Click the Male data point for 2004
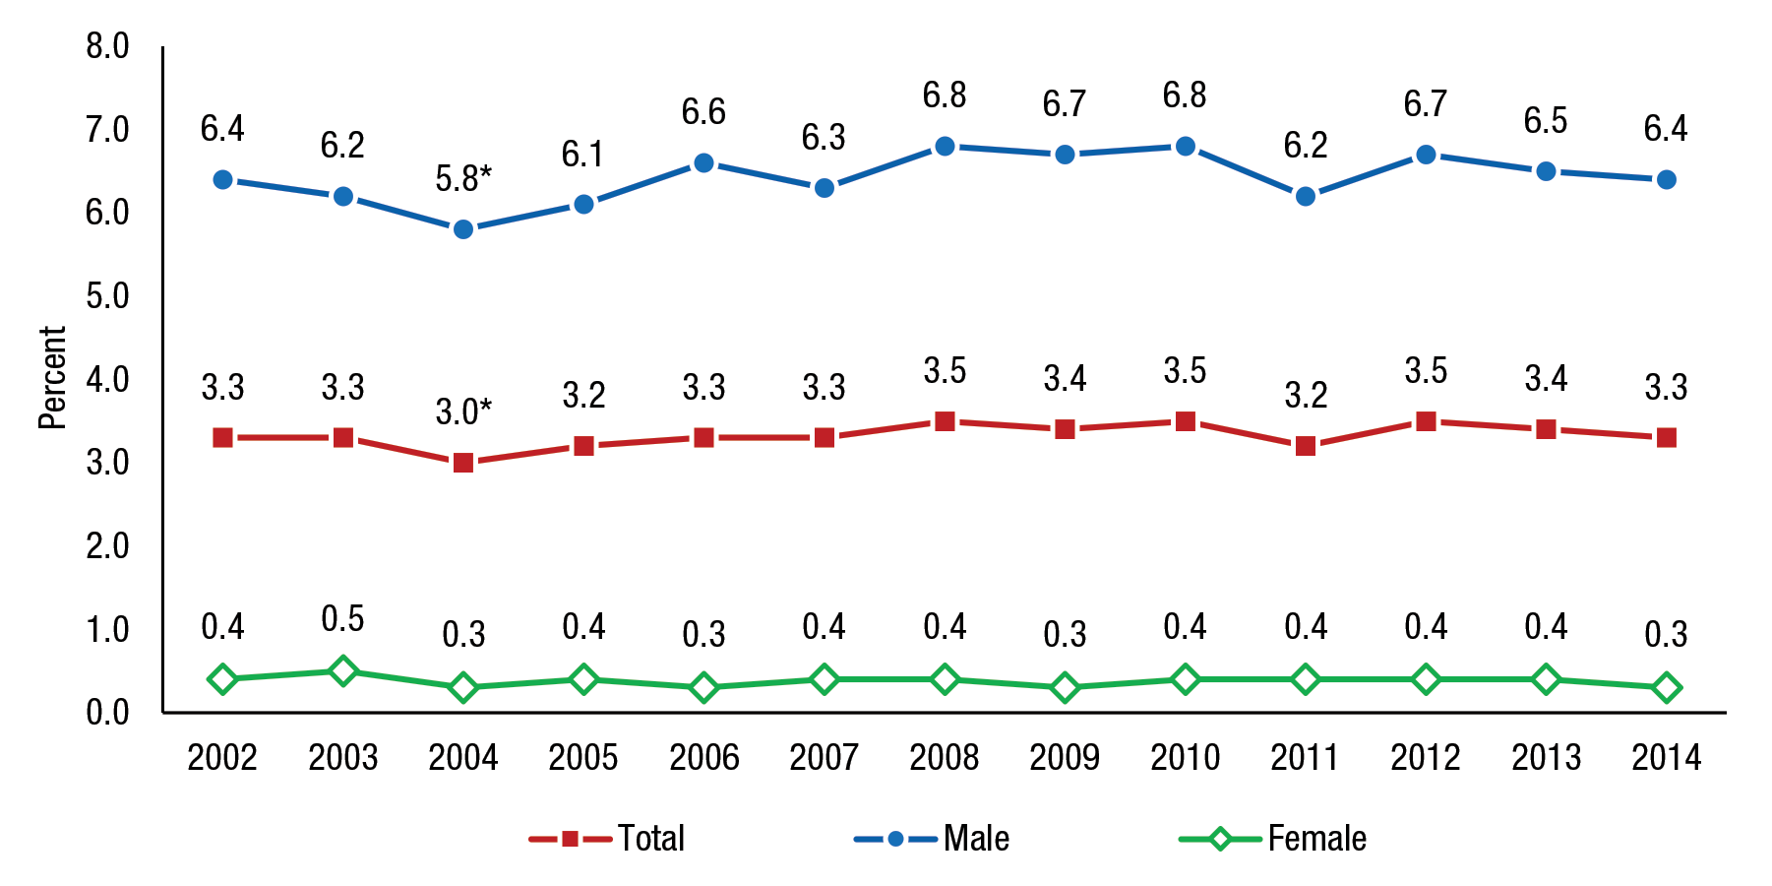(463, 229)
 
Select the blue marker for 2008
(945, 147)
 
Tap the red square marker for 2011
(1306, 446)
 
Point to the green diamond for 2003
(342, 671)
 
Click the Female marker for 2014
(1666, 688)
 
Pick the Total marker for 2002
(222, 438)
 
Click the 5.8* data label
(463, 179)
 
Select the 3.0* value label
(463, 411)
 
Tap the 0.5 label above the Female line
(342, 619)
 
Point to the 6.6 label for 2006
(703, 112)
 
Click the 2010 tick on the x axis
(1185, 758)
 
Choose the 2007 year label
(824, 758)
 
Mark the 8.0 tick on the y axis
(107, 46)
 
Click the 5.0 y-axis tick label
(107, 296)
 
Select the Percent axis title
(52, 378)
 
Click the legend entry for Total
(650, 839)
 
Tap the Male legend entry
(975, 839)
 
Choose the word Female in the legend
(1316, 839)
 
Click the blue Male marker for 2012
(1426, 155)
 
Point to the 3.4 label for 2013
(1546, 379)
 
